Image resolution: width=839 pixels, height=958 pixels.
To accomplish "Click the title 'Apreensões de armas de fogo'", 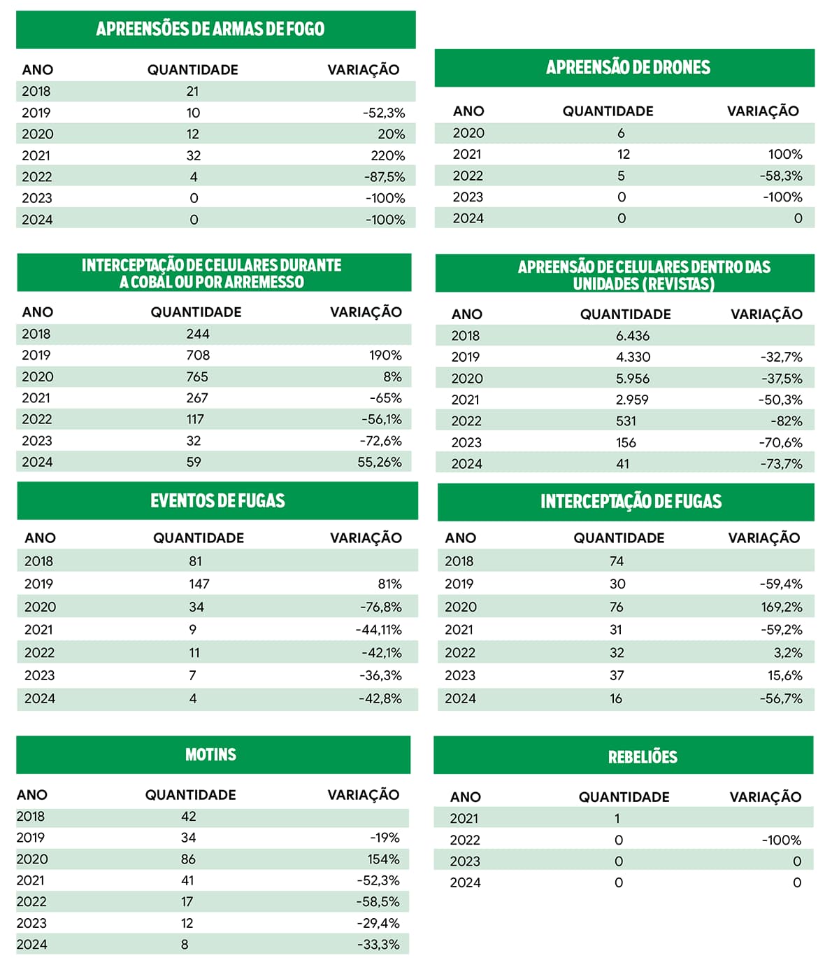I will click(210, 29).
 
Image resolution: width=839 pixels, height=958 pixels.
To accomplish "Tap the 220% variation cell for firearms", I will click(388, 155).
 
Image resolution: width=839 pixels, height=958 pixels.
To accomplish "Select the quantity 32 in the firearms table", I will click(194, 155).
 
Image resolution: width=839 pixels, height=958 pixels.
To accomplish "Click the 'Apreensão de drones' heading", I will click(628, 68).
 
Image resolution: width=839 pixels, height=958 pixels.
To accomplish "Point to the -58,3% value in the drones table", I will click(781, 176).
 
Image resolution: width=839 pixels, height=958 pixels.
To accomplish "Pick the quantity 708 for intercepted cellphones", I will click(198, 355).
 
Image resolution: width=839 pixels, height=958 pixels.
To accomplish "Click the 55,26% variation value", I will click(380, 462).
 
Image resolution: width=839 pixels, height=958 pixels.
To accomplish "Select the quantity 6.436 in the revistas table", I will click(633, 336).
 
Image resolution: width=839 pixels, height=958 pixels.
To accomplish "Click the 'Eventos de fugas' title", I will click(217, 501).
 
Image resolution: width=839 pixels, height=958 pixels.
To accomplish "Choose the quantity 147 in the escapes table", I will click(199, 584).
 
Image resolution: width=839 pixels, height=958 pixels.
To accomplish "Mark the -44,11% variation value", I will click(379, 630).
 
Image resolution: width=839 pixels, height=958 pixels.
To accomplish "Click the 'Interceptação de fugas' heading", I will click(631, 502).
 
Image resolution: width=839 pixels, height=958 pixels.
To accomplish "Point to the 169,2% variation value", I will click(782, 607).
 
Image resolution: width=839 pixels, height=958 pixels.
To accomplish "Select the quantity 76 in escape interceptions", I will click(616, 607).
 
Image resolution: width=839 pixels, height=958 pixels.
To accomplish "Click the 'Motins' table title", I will click(210, 755).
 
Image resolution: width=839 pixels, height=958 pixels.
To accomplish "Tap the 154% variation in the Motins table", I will click(384, 859).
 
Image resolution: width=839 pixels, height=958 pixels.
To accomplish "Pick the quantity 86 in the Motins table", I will click(188, 859).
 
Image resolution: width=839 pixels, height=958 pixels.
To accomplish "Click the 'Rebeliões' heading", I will click(643, 757).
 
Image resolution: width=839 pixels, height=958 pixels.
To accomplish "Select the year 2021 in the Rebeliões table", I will click(464, 819).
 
